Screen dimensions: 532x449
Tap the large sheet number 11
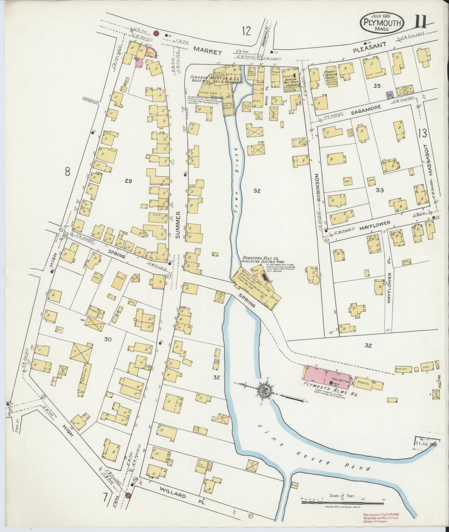(421, 22)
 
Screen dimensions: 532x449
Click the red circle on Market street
(156, 33)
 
